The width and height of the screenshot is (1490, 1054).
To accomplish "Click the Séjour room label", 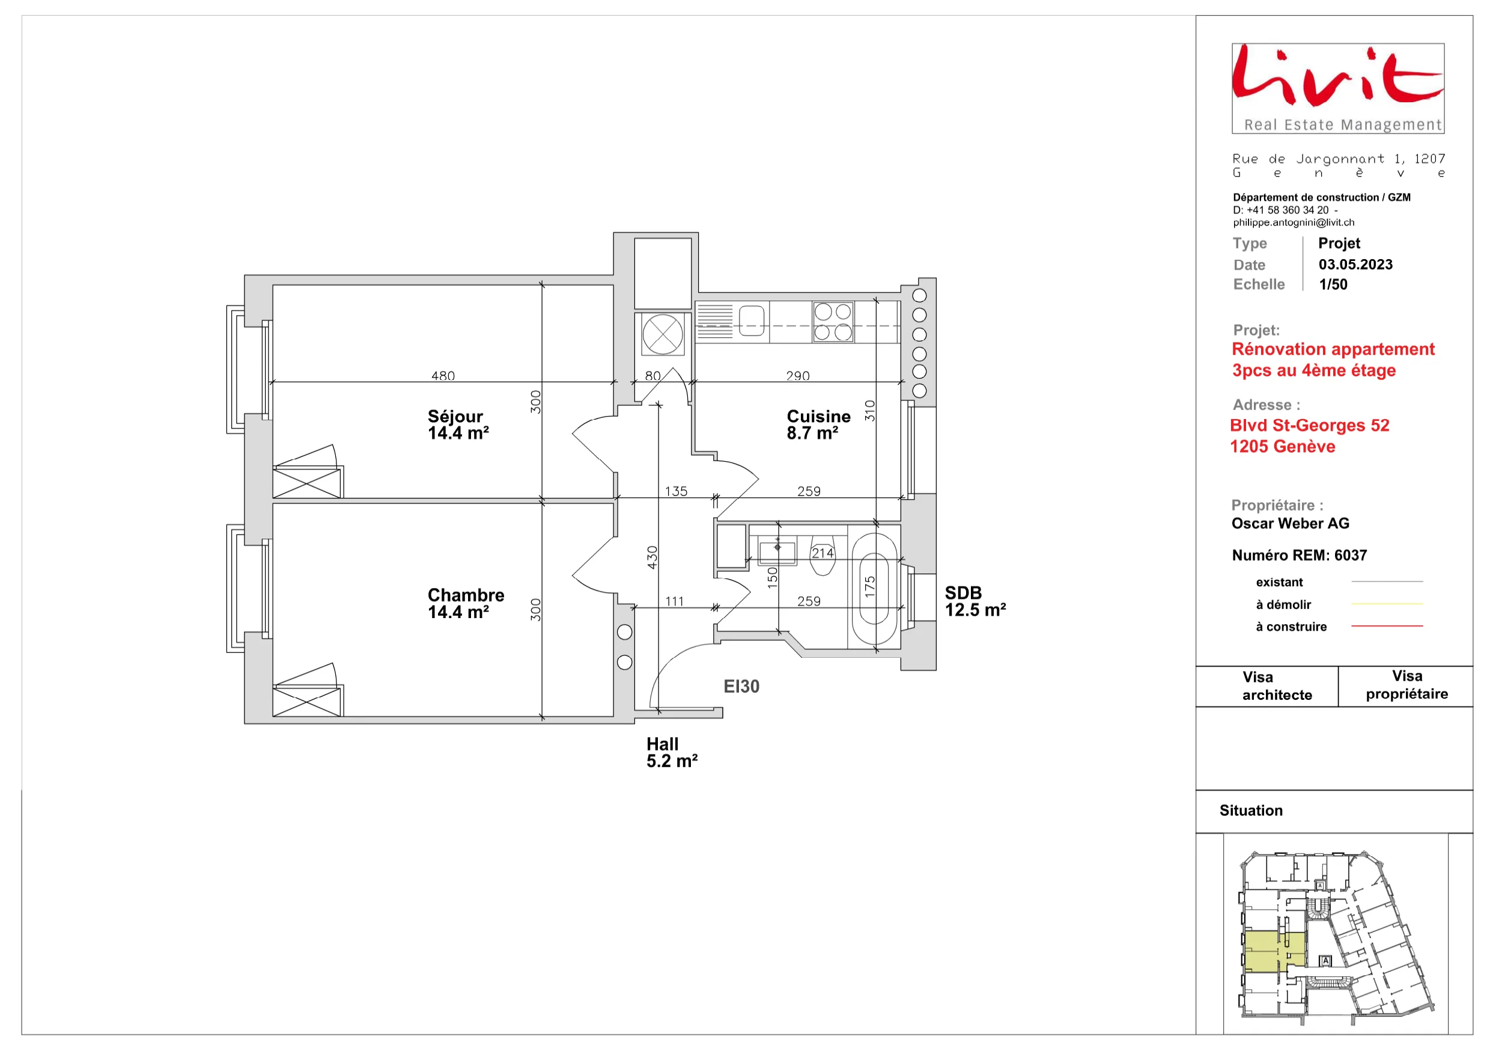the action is [458, 424].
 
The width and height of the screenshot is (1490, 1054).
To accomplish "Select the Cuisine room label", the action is [818, 424].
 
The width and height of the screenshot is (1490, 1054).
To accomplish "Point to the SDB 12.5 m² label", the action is [975, 601].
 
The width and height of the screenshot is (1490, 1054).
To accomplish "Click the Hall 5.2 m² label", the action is [672, 753].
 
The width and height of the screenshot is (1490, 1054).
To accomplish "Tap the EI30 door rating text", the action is [741, 687].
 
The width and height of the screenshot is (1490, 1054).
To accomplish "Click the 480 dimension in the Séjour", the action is [443, 375].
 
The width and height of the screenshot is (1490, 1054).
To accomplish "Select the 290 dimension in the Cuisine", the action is [797, 375].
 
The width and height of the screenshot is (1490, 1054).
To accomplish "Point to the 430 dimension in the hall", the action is [652, 557].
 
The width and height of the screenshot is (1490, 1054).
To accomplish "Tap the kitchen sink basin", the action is [752, 321].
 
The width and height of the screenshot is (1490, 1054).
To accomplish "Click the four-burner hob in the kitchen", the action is [833, 322].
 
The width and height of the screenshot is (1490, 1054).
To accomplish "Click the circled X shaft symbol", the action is [663, 334].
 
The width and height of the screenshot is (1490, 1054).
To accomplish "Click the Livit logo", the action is [1337, 88].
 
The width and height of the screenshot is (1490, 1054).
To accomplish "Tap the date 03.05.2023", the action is [1355, 265].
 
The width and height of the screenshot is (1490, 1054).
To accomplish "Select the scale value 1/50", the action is [1333, 284].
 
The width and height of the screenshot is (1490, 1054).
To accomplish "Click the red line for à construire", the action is [1387, 626].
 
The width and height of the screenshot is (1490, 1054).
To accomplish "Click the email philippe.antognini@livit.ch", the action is [1294, 222].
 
